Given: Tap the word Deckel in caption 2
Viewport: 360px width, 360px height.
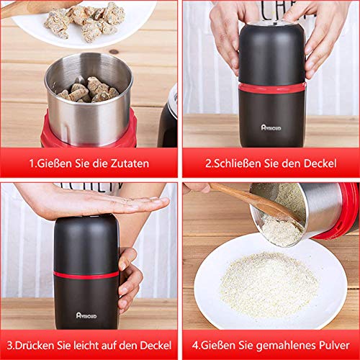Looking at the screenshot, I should coord(318,163).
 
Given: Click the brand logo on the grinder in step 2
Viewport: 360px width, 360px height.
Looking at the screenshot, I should coord(269,127).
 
